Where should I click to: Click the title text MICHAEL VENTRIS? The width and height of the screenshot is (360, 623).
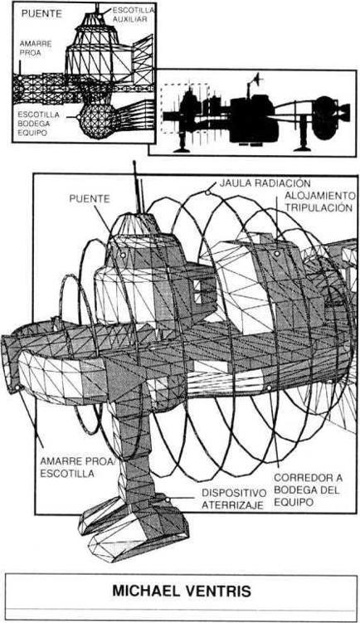[182, 591]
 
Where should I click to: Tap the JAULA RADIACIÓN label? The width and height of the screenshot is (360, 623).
[265, 183]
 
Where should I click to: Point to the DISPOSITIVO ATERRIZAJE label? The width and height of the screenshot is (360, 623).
[234, 499]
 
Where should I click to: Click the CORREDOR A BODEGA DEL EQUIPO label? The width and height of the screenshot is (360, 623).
[308, 490]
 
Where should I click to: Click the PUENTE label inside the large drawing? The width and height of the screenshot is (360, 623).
[90, 198]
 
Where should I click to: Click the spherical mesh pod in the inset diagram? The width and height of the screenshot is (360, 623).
[96, 119]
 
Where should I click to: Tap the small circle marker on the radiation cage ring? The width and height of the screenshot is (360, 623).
[207, 192]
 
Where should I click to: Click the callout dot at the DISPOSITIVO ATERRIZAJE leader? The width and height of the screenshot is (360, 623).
[168, 499]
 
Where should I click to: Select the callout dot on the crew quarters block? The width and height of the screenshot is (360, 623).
[276, 253]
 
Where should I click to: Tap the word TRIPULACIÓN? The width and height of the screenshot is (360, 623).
[319, 207]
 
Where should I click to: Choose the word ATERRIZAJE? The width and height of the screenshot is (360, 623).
[232, 505]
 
